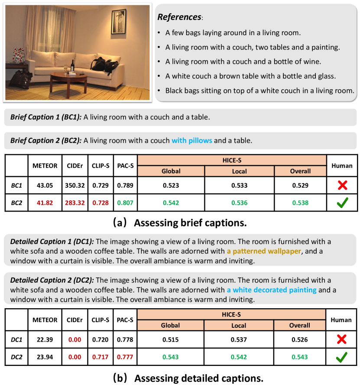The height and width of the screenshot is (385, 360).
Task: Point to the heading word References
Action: [179, 17]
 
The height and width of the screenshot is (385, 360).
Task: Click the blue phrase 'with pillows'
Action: [192, 140]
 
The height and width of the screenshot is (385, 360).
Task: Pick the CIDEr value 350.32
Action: [73, 186]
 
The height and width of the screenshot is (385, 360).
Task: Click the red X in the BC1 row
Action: [342, 186]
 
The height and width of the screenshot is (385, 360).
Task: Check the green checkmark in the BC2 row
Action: [342, 203]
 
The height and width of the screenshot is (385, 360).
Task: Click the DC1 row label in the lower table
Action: [16, 340]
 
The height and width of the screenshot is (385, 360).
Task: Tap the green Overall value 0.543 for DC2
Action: [300, 357]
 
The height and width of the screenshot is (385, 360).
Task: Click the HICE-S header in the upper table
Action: [231, 160]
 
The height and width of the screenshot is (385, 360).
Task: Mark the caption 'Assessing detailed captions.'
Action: [199, 378]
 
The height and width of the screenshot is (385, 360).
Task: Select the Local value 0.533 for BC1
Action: [239, 186]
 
